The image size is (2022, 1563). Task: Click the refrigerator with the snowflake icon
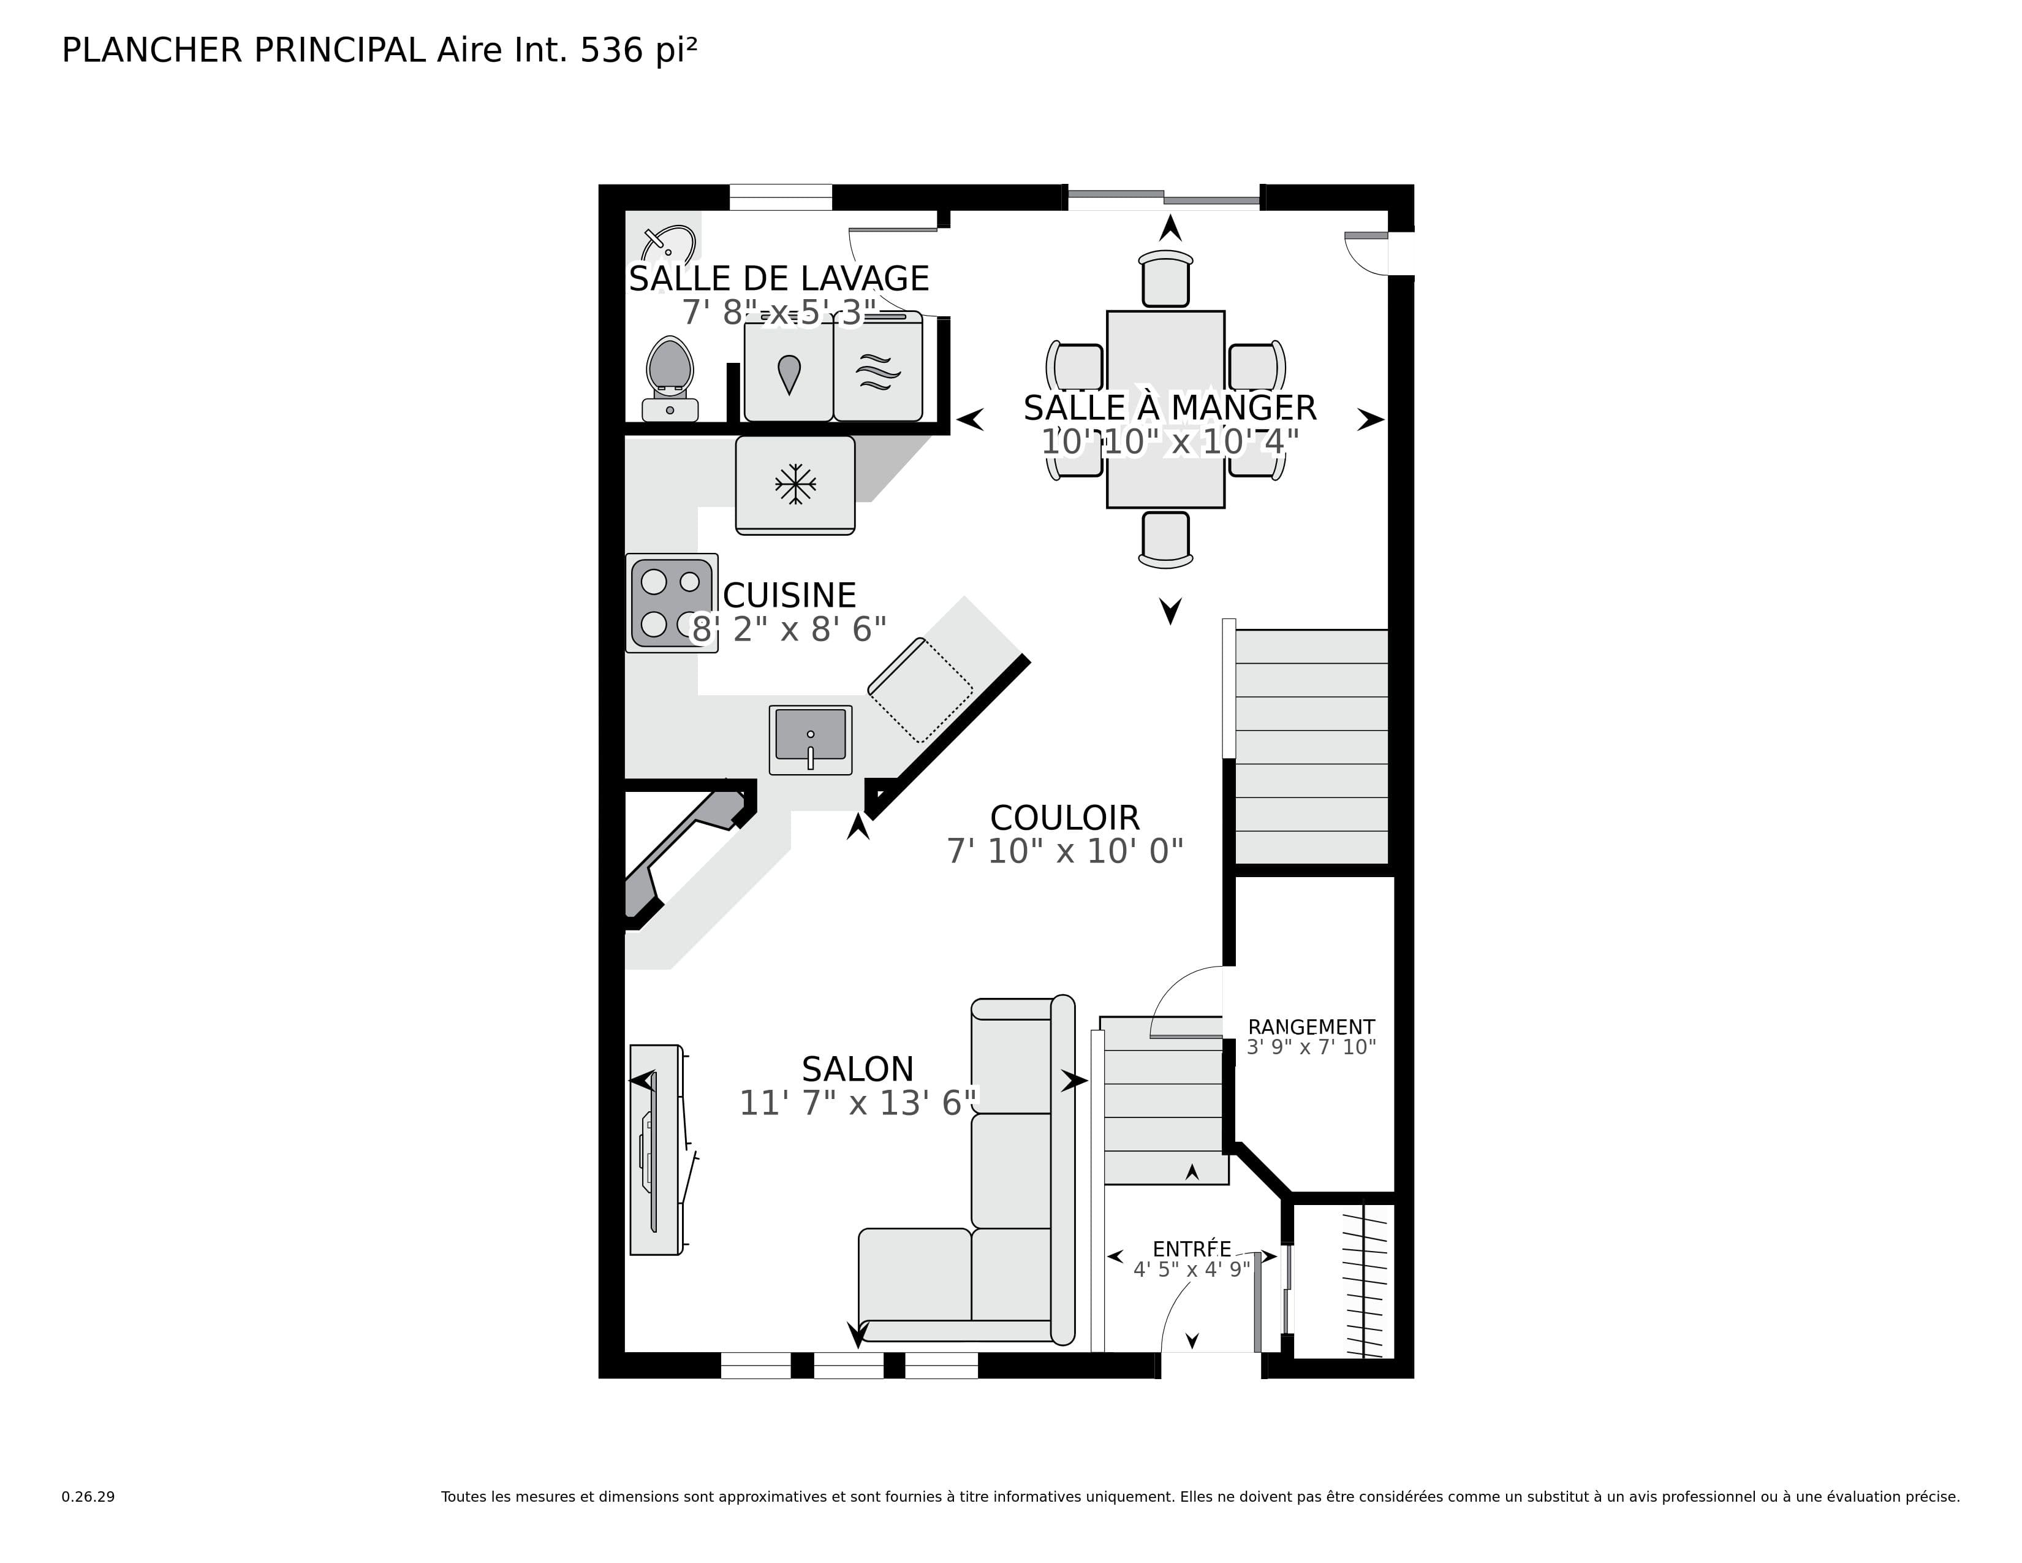(794, 484)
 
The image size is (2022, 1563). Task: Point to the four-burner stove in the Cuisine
(671, 603)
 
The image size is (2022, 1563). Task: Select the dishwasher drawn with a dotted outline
(920, 690)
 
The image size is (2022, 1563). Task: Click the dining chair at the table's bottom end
(1165, 539)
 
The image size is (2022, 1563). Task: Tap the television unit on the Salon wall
(656, 1149)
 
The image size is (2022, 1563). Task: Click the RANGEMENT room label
(1310, 1027)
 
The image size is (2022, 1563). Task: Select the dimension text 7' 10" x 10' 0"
(1065, 851)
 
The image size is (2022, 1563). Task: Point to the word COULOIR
(1065, 818)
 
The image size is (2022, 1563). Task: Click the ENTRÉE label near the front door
(1192, 1249)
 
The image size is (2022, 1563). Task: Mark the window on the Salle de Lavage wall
(781, 197)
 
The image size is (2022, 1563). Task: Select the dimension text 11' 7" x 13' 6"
(857, 1103)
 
